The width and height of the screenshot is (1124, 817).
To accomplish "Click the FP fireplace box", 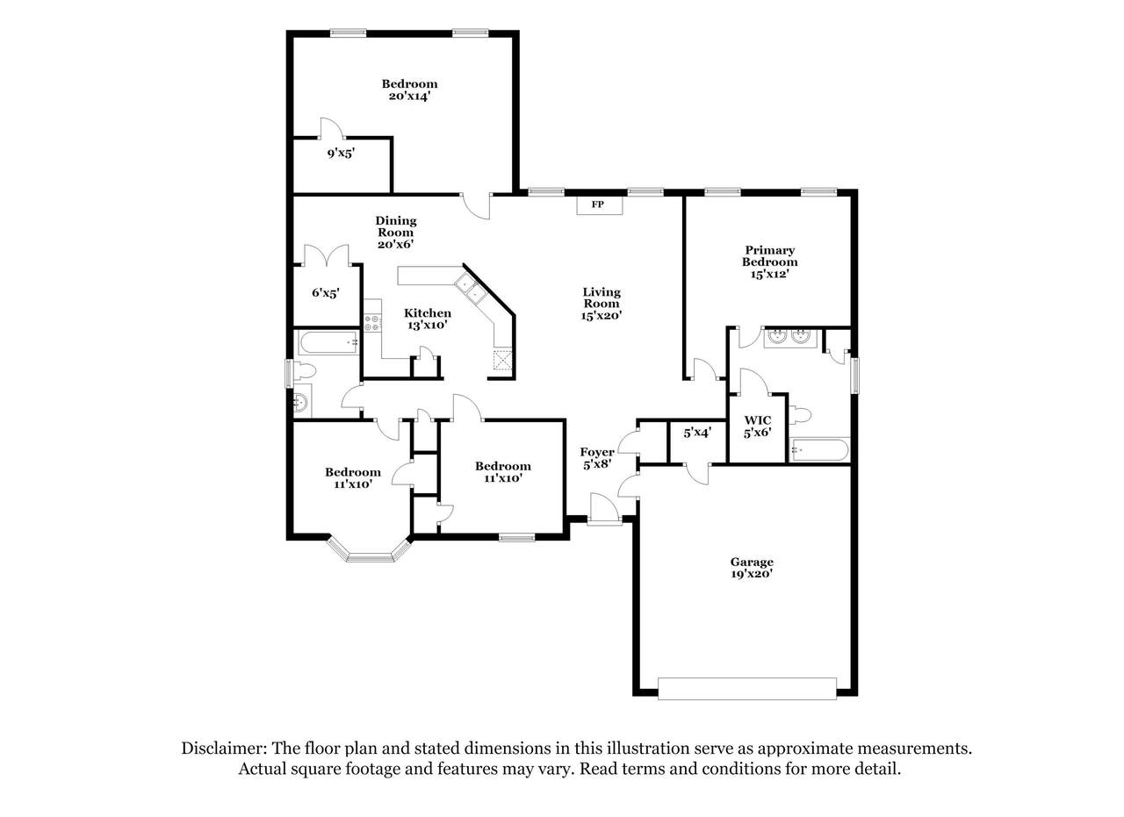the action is pos(600,205).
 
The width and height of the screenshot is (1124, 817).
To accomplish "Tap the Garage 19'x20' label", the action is pos(751,569).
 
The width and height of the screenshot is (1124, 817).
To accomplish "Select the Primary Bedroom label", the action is pos(769,262).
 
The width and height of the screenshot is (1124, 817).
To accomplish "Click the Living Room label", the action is pos(602,304).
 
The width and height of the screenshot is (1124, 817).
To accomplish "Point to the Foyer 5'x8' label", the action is pos(597,458).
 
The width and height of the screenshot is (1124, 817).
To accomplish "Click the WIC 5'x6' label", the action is pos(758,426).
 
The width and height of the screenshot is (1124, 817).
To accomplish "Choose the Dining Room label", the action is pos(395,233).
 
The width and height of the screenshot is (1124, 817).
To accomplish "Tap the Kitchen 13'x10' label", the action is pos(428,319).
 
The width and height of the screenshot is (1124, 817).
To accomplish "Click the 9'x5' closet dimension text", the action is pos(342,153).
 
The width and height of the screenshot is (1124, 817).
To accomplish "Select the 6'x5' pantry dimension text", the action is pos(326,293).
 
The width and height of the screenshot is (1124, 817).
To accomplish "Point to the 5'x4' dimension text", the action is pos(697,433).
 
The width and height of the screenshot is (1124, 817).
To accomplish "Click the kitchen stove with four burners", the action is pos(371,322).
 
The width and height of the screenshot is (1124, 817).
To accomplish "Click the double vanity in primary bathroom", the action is pos(789,337).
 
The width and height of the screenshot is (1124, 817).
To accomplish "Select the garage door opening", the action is pos(746,689).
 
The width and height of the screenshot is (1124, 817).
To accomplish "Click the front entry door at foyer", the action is pos(603,510).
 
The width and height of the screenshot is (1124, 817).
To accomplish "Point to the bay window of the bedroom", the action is pos(369,552).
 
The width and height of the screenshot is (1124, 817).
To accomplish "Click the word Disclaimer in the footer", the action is pos(223,749).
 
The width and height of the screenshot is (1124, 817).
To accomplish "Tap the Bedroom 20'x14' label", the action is pos(409,90).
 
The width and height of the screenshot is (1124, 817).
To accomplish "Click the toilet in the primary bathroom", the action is pos(800,416).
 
